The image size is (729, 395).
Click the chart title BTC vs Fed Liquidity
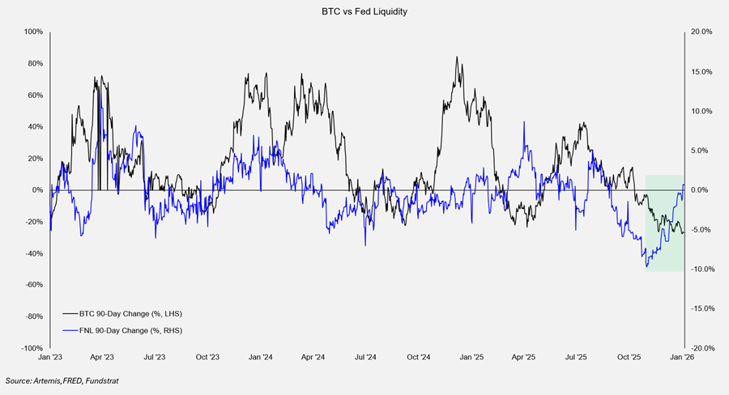(364, 11)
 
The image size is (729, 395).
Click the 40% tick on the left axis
(34, 126)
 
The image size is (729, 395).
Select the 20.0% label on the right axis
(701, 32)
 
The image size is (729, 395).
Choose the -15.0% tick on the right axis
(701, 308)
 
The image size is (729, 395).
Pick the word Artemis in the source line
(48, 380)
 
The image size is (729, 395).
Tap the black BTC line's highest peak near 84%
(458, 57)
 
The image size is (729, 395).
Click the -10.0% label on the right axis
(701, 269)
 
